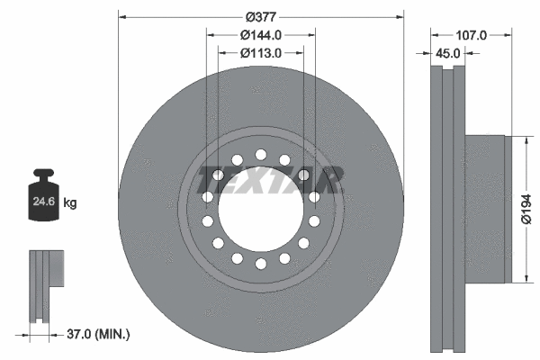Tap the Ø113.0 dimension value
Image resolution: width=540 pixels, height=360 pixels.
tap(261, 53)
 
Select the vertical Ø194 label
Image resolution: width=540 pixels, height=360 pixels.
tap(530, 209)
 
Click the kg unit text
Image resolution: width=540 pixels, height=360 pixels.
tap(70, 203)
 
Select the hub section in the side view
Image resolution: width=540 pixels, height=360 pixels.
tap(486, 209)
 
